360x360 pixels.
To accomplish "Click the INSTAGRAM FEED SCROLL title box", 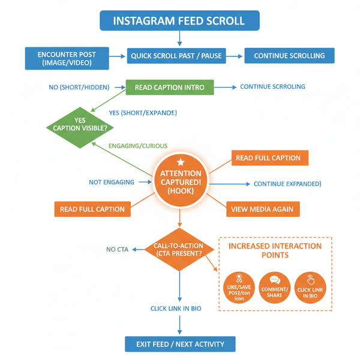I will [179, 20].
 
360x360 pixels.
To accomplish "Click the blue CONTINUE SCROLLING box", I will [289, 56].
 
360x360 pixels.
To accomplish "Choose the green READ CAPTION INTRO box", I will [169, 88].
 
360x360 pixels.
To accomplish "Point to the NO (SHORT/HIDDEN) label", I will [79, 88].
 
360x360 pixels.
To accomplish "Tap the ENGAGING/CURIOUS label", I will [138, 146].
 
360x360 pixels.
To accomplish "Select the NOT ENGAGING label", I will [112, 182].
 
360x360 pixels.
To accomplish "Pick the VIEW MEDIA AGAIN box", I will [263, 209].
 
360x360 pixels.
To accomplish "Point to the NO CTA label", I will [118, 249].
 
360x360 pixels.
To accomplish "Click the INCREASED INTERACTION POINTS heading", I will [275, 251].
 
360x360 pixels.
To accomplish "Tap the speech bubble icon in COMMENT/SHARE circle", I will [275, 280].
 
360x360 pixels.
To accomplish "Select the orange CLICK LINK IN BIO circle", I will [311, 288].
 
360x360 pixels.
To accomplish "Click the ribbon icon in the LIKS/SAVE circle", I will [238, 278].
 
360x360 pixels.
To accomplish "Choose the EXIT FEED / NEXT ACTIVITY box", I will [180, 344].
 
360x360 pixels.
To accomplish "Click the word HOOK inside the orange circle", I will [181, 190].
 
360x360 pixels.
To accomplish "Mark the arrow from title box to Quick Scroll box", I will [179, 38].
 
